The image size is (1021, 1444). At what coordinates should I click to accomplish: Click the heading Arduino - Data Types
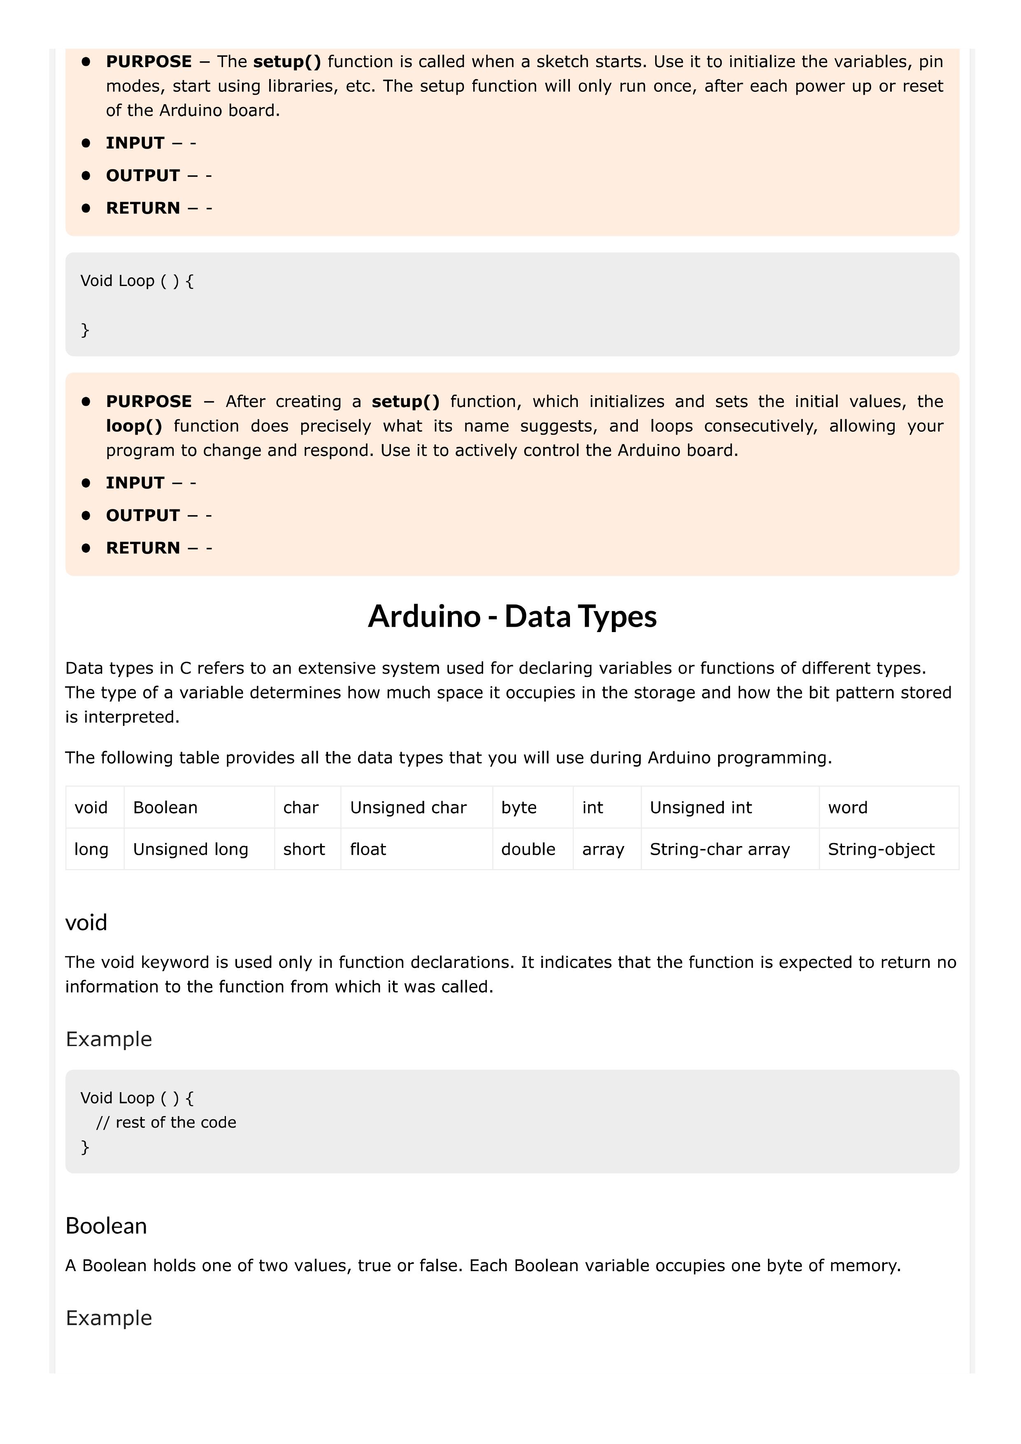(x=512, y=616)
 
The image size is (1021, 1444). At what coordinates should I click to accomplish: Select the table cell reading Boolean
(x=165, y=807)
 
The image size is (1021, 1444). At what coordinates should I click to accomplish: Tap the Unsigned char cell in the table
(x=408, y=807)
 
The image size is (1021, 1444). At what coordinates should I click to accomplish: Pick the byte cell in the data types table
(x=519, y=807)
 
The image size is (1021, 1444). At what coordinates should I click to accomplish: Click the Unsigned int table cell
(x=701, y=807)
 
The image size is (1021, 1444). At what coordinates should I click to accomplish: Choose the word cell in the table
(x=847, y=807)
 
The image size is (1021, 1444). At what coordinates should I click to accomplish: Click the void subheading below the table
(x=86, y=923)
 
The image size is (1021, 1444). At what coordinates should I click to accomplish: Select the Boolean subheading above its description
(x=106, y=1226)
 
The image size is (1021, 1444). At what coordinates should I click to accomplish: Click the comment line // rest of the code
(x=166, y=1122)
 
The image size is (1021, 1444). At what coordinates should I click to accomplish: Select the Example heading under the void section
(x=109, y=1039)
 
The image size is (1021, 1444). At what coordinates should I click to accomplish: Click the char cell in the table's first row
(x=301, y=807)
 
